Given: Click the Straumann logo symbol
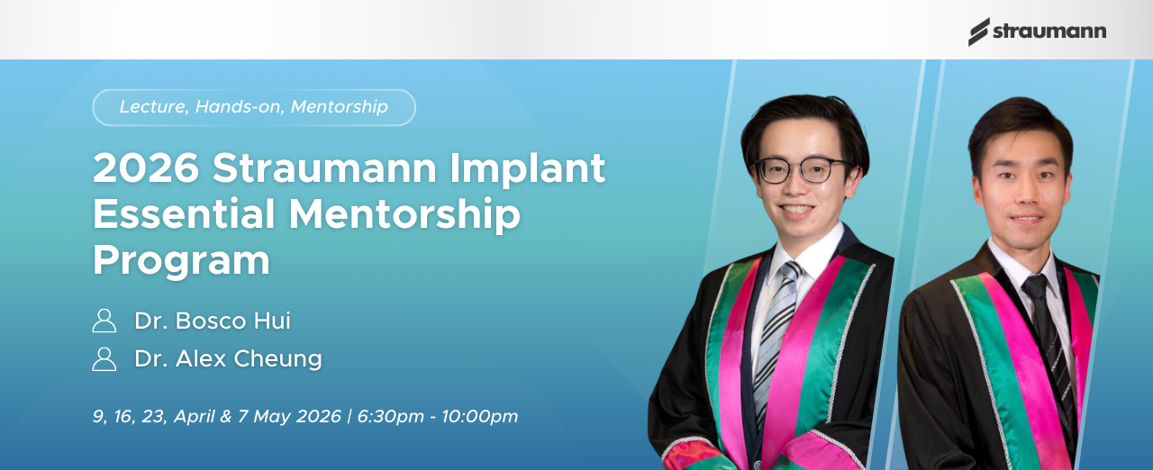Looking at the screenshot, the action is pos(978,32).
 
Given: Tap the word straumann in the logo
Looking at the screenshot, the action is pos(1049,32).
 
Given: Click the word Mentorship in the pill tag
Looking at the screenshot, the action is pos(340,106).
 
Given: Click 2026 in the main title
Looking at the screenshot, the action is pos(146,167).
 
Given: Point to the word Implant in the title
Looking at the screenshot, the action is pos(528,168).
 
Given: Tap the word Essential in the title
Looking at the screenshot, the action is pos(184,214).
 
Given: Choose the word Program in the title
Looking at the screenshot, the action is pos(181,261).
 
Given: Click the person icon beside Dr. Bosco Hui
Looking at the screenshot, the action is pos(104,321).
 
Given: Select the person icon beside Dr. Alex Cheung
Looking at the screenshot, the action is pos(104,359).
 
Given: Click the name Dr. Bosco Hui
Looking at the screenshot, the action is pos(213,321).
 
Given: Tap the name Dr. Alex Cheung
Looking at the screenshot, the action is pos(228,358).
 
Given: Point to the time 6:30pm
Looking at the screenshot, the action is pos(391,416).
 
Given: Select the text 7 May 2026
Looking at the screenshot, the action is pos(289,416).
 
